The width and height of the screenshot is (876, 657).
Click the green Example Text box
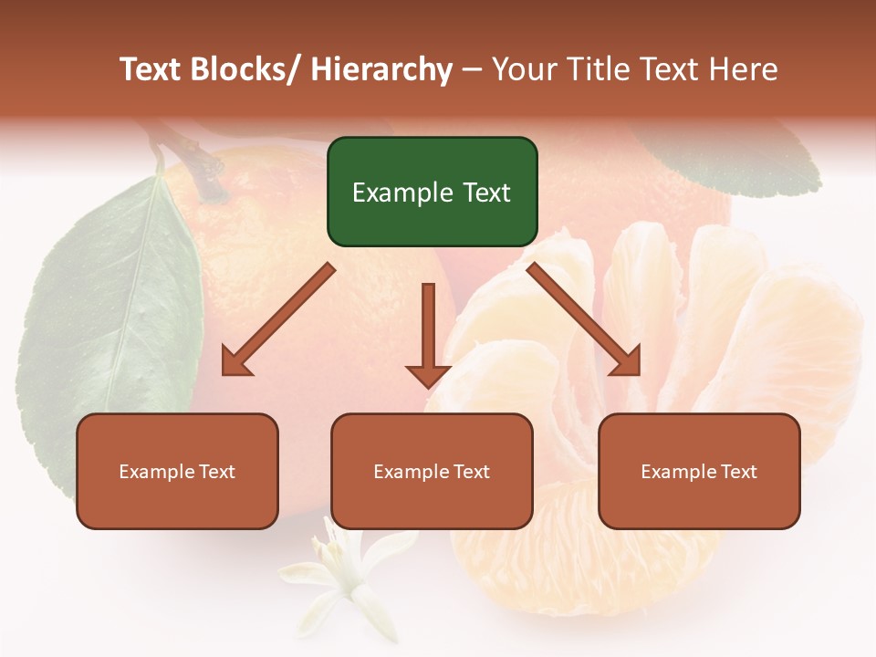pos(432,192)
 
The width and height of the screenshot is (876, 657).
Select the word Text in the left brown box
pos(217,472)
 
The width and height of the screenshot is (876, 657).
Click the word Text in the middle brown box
pos(472,472)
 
